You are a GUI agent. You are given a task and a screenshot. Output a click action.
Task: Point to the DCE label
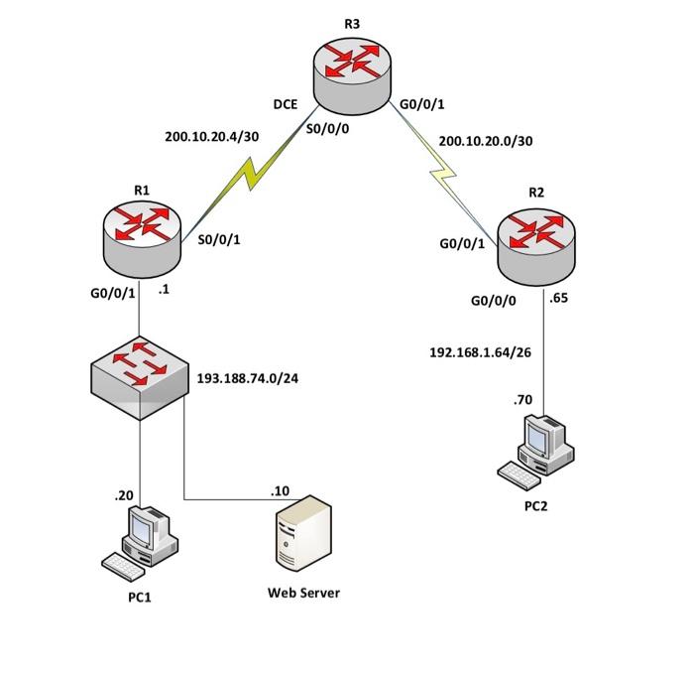point(286,103)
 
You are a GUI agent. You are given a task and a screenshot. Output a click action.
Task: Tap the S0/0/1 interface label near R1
point(221,239)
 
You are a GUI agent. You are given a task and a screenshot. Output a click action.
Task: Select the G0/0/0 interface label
point(494,299)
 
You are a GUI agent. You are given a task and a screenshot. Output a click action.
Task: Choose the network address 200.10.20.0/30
point(485,141)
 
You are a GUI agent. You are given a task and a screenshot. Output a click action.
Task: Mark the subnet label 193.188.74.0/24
point(248,378)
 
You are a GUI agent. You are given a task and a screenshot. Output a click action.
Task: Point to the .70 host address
point(522,400)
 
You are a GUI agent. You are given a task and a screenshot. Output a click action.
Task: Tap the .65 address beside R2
point(558,296)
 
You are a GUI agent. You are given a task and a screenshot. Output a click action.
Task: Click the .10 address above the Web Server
point(280,490)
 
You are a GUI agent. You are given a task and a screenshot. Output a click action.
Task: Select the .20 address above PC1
point(124,494)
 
